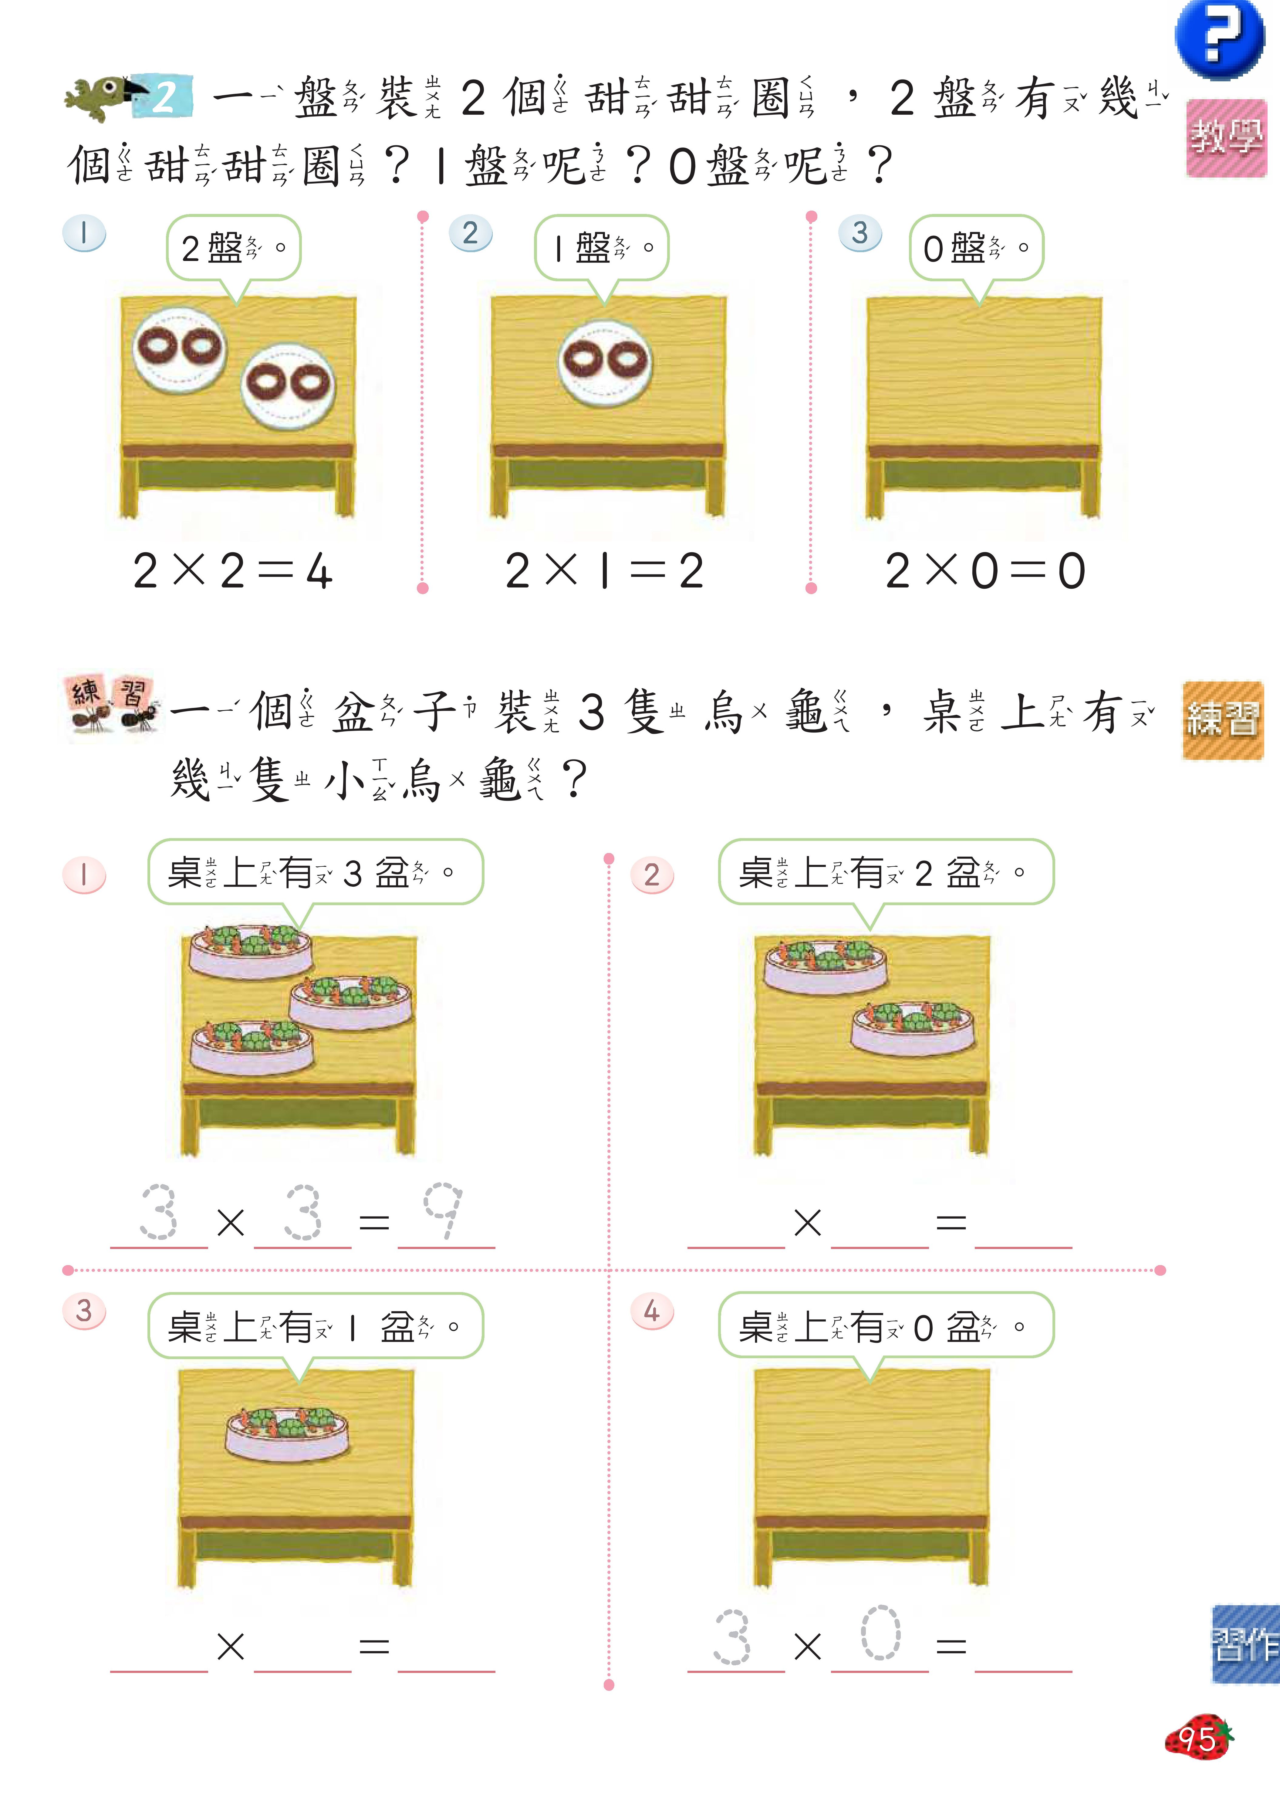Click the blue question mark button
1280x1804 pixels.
[x=1220, y=39]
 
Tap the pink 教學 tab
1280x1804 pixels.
[x=1226, y=138]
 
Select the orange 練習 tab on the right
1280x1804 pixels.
[x=1222, y=720]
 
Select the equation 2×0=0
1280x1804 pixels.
[x=985, y=570]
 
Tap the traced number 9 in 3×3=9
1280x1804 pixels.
[x=444, y=1210]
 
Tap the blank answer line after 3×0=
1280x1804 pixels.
[x=1023, y=1668]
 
